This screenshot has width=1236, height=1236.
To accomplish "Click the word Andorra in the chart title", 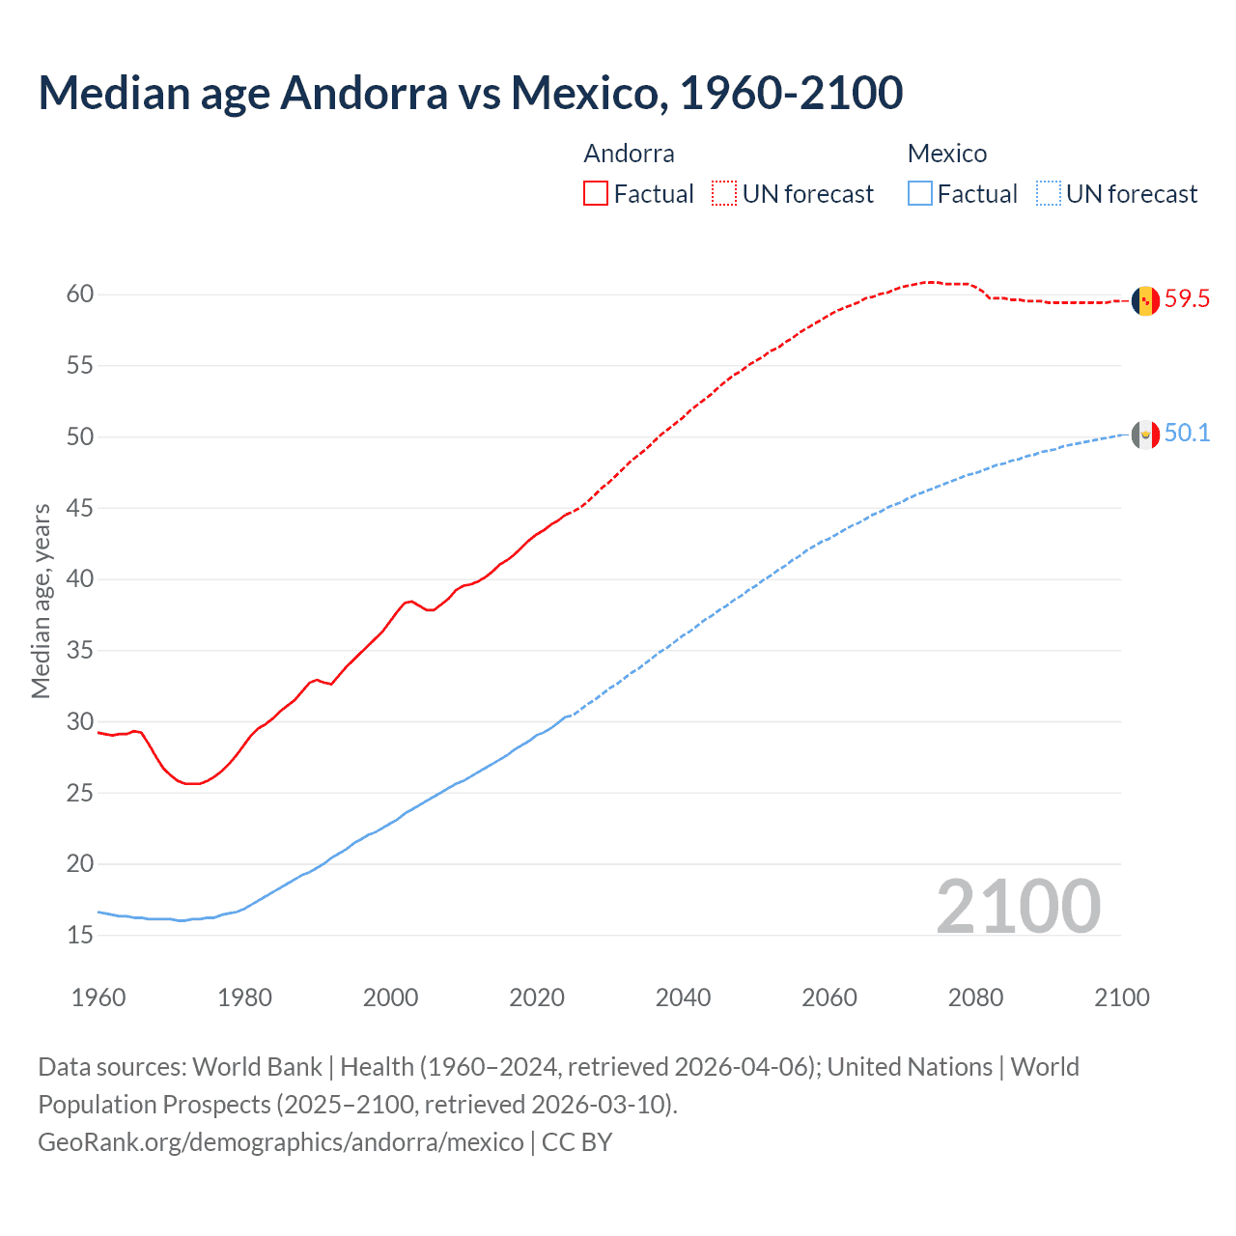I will coord(364,93).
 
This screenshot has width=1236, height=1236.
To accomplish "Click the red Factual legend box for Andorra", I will coord(596,194).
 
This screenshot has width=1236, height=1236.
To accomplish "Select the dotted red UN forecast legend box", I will coord(724,194).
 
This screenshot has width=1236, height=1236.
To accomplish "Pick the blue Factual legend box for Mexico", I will coord(920,194).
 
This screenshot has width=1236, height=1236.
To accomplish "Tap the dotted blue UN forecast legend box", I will coord(1049,194).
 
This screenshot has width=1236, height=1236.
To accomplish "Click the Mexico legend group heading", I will coord(946,154).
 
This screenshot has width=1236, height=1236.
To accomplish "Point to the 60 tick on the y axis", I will coord(80,295).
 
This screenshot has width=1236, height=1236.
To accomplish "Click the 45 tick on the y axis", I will coord(80,508).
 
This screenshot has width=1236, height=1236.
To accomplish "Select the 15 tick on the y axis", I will coord(80,935).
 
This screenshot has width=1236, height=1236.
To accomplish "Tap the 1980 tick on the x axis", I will coord(244,997).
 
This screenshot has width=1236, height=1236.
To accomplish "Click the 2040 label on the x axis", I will coord(683,997).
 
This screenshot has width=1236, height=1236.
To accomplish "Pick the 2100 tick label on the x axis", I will coord(1121,997).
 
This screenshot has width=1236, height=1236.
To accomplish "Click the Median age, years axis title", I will coord(41,601).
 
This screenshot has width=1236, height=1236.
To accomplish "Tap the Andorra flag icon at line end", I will coord(1145,301).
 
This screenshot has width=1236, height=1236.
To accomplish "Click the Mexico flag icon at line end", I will coord(1145,435).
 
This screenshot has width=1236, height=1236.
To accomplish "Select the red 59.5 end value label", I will coord(1187,299).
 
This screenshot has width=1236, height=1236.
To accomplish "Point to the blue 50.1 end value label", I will coord(1187,434).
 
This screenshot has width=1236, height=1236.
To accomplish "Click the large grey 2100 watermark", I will coord(1019,906).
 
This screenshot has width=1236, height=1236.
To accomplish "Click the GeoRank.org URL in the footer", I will coord(280,1142).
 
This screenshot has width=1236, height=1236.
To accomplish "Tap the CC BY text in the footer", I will coord(576,1142).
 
